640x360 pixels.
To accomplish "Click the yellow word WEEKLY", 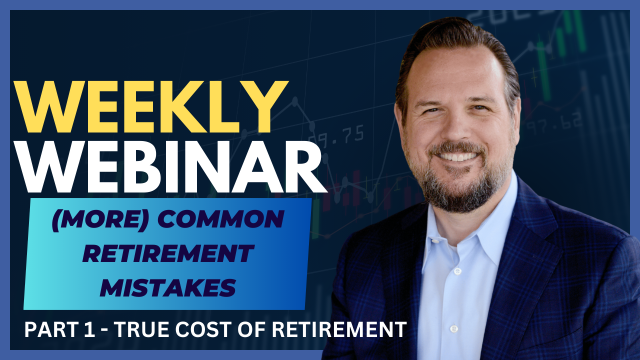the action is click(151, 107).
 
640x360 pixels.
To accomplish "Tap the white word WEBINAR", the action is click(171, 166).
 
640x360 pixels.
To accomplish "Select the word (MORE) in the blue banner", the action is click(100, 219).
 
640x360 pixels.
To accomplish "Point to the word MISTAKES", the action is click(168, 287).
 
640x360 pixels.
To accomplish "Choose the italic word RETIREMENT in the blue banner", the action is click(168, 253).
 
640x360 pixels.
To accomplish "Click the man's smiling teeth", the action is click(458, 157).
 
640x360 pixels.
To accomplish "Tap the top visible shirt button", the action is click(457, 271).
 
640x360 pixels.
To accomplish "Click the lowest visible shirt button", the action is click(454, 328).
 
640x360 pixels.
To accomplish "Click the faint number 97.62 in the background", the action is click(554, 123).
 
